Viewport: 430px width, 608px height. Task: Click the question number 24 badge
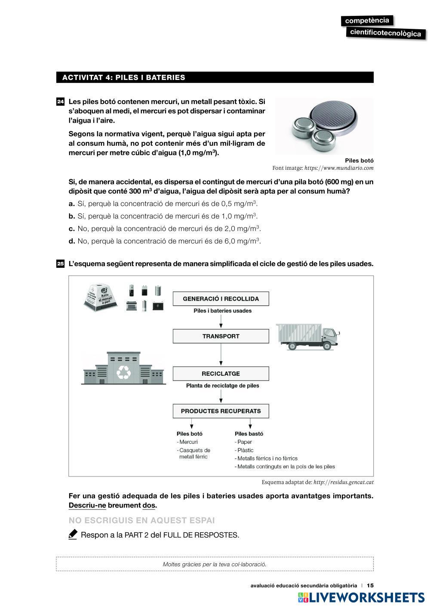coord(60,102)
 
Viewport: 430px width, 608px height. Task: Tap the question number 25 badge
coord(60,264)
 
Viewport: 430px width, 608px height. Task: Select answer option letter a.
coord(72,204)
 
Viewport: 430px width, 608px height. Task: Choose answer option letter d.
coord(72,241)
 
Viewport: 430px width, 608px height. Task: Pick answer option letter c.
coord(72,229)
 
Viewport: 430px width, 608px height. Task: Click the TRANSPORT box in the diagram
coord(221,336)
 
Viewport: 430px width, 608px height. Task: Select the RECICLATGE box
coord(221,374)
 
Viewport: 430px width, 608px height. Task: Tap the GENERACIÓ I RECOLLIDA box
coord(221,299)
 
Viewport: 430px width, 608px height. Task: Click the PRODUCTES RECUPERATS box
coord(221,411)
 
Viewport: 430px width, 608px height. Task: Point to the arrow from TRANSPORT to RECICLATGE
coord(221,355)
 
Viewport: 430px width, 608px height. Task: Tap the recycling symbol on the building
coord(124,372)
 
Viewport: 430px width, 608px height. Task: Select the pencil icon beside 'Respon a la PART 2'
coord(73,534)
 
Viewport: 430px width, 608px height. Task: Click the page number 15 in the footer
coord(370,585)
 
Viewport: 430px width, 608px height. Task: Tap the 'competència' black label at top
coord(367,21)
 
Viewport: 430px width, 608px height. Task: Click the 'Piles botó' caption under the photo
coord(359,160)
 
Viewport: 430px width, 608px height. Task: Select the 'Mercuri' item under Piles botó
coord(188,442)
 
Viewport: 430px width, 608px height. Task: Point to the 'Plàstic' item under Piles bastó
coord(245,450)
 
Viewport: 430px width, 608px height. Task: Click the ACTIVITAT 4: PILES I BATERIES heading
coord(124,77)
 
